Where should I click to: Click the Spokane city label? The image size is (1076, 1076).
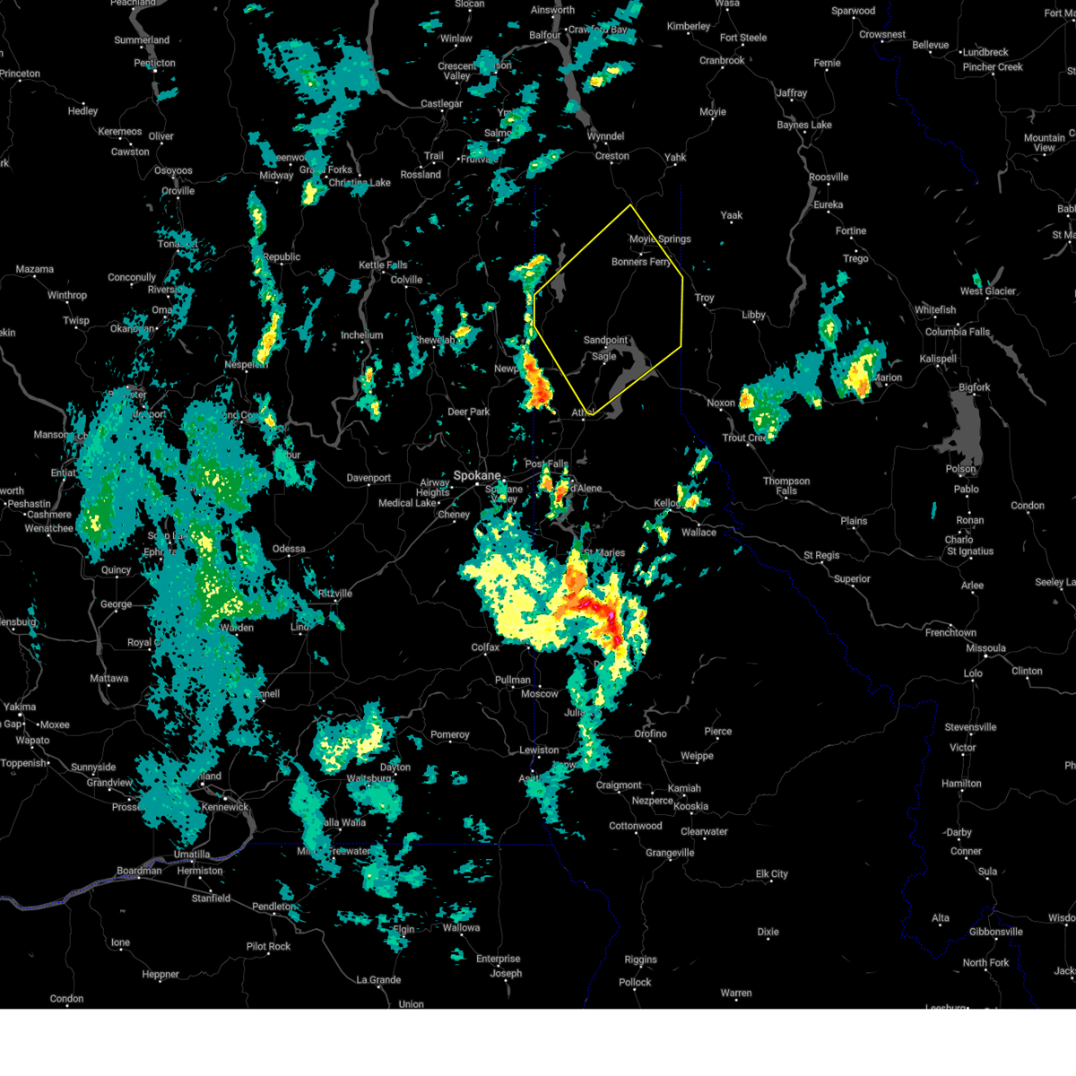point(476,476)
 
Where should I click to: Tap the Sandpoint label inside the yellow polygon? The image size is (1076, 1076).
point(606,341)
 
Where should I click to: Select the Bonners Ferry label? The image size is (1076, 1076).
point(641,262)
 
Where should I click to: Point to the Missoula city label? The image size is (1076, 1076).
point(985,648)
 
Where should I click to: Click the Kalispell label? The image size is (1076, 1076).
point(938,359)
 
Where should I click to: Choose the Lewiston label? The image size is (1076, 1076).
point(539,751)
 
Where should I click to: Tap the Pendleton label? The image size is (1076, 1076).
point(273,907)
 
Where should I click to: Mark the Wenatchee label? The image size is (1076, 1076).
point(48,528)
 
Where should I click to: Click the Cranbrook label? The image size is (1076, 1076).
point(722,61)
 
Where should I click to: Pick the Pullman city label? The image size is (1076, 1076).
point(513,681)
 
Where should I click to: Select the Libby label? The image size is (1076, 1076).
point(753,315)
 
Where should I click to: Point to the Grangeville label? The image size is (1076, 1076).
point(670,853)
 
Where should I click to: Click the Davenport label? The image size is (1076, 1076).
point(369,479)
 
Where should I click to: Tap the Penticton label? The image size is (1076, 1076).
point(154,64)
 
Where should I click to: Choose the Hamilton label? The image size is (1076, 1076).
point(961,784)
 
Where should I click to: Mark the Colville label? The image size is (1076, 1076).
point(406,280)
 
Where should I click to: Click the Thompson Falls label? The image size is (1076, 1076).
point(786,486)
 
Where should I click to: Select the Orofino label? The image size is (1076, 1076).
point(650,733)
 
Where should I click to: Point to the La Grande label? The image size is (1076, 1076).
point(378,980)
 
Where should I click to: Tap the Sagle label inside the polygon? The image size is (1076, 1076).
point(603,357)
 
